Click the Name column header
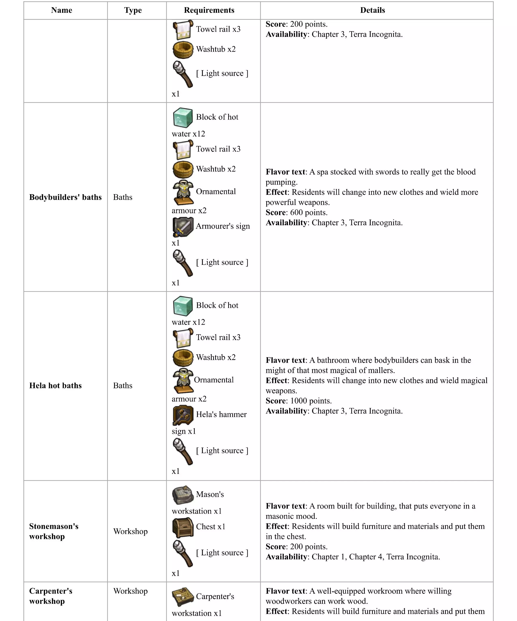[61, 10]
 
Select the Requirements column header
[209, 10]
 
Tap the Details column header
[372, 10]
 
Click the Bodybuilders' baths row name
[65, 197]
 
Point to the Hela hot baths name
[55, 386]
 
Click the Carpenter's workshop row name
[50, 596]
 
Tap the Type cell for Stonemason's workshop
[130, 531]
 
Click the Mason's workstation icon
[183, 495]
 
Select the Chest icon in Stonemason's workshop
[183, 528]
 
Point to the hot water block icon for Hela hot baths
[183, 306]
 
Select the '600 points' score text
[309, 213]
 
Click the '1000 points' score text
[311, 401]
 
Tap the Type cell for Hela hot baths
[123, 386]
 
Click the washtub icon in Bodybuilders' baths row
[183, 169]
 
